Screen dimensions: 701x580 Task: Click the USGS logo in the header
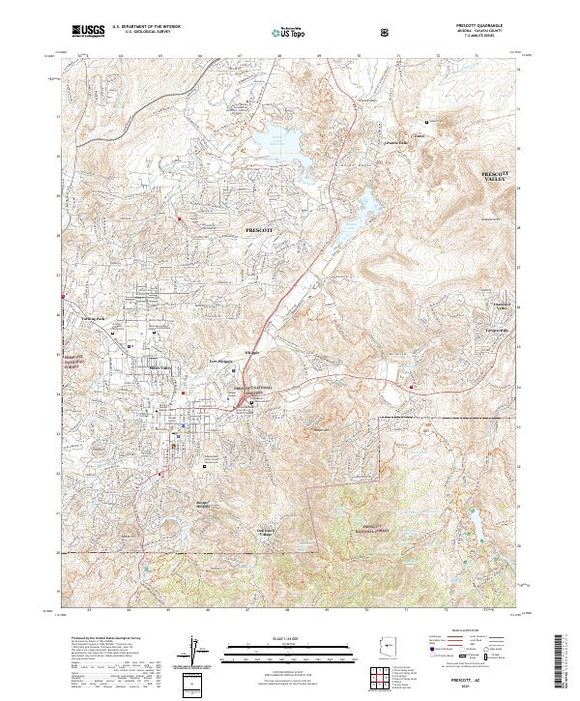pyautogui.click(x=88, y=31)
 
